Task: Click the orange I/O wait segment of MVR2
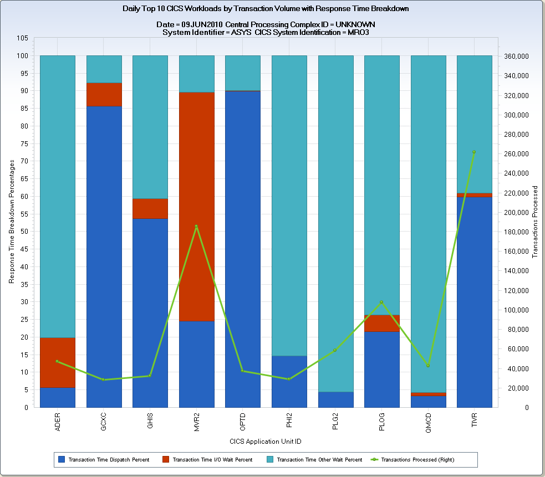point(196,206)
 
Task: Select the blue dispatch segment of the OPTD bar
point(242,249)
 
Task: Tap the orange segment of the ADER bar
point(58,362)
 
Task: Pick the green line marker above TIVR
point(474,152)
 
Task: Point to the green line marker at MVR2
point(196,226)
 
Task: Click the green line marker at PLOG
point(381,302)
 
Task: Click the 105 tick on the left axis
point(23,38)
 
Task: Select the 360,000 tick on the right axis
point(516,57)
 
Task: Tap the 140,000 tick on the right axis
point(516,271)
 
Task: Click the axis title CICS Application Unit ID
point(266,442)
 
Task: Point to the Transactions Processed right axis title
point(535,222)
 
